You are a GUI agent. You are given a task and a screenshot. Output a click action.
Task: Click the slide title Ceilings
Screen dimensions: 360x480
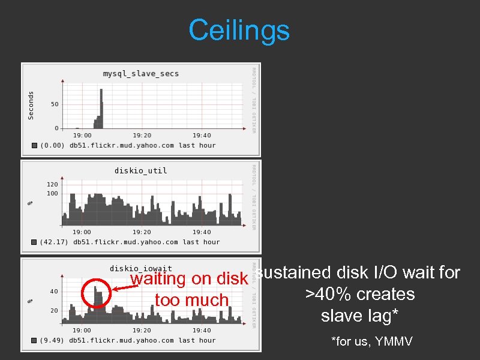pyautogui.click(x=239, y=30)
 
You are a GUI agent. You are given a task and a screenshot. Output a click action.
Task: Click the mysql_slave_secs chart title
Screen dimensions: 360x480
pyautogui.click(x=141, y=74)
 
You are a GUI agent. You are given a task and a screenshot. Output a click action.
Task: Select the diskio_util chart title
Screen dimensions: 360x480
pyautogui.click(x=141, y=170)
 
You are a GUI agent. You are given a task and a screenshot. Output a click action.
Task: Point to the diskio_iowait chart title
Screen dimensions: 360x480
pyautogui.click(x=141, y=268)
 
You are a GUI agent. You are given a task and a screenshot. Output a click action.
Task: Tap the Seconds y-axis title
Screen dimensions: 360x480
pyautogui.click(x=31, y=105)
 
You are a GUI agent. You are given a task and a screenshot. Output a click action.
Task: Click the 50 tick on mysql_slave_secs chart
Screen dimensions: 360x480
pyautogui.click(x=55, y=104)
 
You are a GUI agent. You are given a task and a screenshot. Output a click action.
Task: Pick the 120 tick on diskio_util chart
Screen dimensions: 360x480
pyautogui.click(x=53, y=185)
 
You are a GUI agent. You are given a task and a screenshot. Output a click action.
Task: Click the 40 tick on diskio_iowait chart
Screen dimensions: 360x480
pyautogui.click(x=54, y=292)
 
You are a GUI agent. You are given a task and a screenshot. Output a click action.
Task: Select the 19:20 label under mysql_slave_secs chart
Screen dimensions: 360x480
pyautogui.click(x=142, y=136)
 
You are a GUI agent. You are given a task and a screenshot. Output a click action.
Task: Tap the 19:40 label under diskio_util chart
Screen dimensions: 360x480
pyautogui.click(x=202, y=232)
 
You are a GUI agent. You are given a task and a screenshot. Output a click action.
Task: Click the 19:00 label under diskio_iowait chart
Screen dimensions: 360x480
pyautogui.click(x=82, y=330)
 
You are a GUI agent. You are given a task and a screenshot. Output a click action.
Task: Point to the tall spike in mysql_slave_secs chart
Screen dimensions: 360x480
pyautogui.click(x=101, y=108)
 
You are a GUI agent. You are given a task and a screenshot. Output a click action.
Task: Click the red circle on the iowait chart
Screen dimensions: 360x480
pyautogui.click(x=94, y=294)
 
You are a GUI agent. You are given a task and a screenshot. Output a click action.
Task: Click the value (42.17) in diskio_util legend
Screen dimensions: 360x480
pyautogui.click(x=55, y=242)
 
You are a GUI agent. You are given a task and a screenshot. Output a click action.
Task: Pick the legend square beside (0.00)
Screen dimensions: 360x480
pyautogui.click(x=35, y=145)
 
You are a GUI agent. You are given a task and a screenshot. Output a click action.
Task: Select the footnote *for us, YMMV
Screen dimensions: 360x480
pyautogui.click(x=372, y=341)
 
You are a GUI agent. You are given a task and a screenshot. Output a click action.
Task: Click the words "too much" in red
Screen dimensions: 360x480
pyautogui.click(x=191, y=300)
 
